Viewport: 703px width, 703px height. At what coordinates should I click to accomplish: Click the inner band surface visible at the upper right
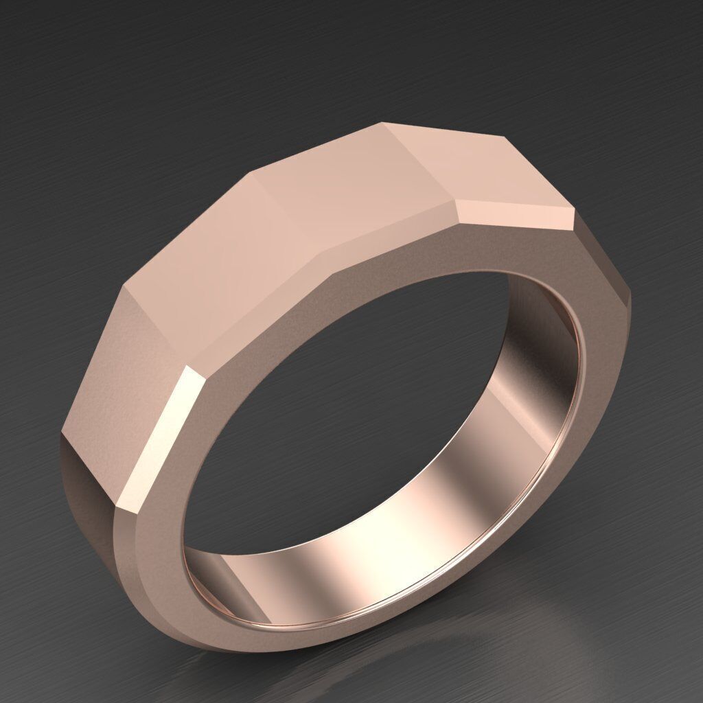[542, 343]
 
